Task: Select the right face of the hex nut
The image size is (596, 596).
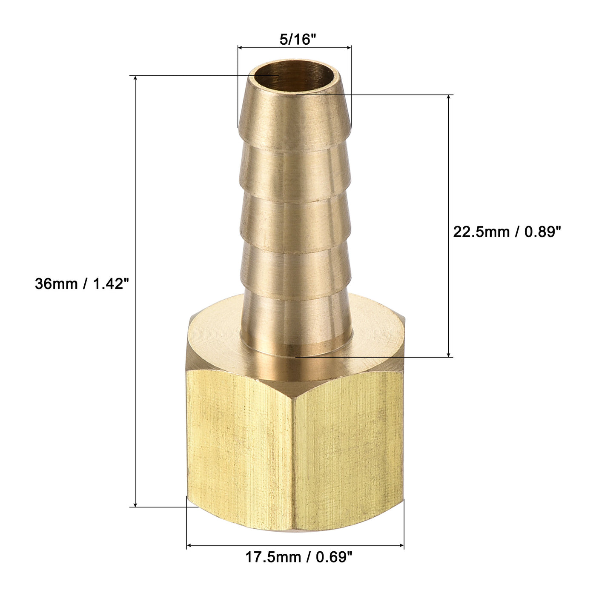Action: [349, 443]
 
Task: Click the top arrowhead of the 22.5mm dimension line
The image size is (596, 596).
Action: [448, 97]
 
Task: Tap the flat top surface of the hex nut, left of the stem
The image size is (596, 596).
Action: [217, 336]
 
